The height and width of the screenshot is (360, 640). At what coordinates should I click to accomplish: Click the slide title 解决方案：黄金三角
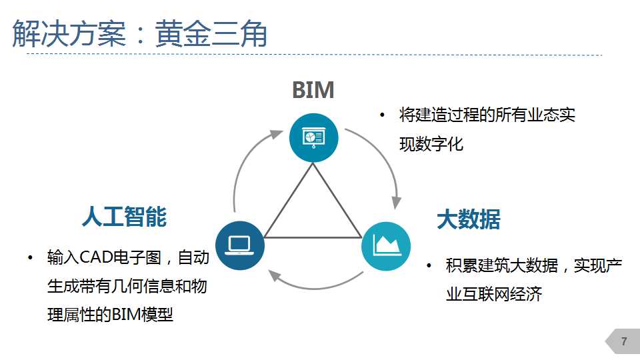[x=139, y=33]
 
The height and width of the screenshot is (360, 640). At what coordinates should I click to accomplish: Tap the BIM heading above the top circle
[x=313, y=90]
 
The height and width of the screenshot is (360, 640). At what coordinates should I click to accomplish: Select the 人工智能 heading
[x=125, y=216]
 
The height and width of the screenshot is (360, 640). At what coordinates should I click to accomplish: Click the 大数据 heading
[x=469, y=219]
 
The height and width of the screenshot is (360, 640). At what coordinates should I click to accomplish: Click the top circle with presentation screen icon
[x=313, y=137]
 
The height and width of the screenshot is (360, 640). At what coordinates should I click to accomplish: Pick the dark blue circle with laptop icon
[x=240, y=245]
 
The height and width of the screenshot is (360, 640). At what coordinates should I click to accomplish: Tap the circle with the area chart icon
[x=386, y=246]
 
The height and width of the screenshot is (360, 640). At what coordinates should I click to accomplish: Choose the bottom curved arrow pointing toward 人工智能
[x=314, y=288]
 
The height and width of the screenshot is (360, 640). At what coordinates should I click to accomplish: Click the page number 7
[x=624, y=341]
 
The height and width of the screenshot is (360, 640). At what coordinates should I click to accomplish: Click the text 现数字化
[x=431, y=144]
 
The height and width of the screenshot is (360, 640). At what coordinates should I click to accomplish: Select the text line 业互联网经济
[x=494, y=294]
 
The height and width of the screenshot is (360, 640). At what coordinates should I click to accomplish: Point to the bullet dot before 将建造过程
[x=382, y=115]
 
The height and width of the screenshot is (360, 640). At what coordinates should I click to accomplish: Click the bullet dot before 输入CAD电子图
[x=30, y=257]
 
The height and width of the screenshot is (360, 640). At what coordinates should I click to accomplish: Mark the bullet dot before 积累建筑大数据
[x=429, y=266]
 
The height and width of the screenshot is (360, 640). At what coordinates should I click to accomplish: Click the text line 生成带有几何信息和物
[x=127, y=286]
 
